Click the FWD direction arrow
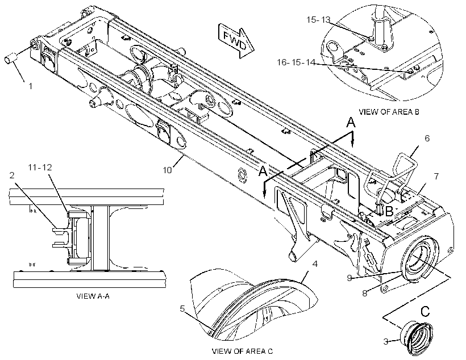coord(236,40)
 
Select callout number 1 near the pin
coord(30,86)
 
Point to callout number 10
coord(167,170)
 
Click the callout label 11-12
coord(40,168)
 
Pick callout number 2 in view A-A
coord(12,175)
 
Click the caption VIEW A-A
coord(93,296)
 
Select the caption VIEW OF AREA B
coord(389,112)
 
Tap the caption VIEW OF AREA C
coord(242,351)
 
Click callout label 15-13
coord(318,20)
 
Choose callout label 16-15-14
coord(296,62)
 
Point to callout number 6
coord(427,138)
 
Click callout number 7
coord(436,176)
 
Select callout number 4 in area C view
coord(315,264)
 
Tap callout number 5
coord(182,309)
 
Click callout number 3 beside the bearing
coord(386,342)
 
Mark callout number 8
coord(365,293)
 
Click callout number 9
coord(349,278)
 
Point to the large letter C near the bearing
coord(425,312)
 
